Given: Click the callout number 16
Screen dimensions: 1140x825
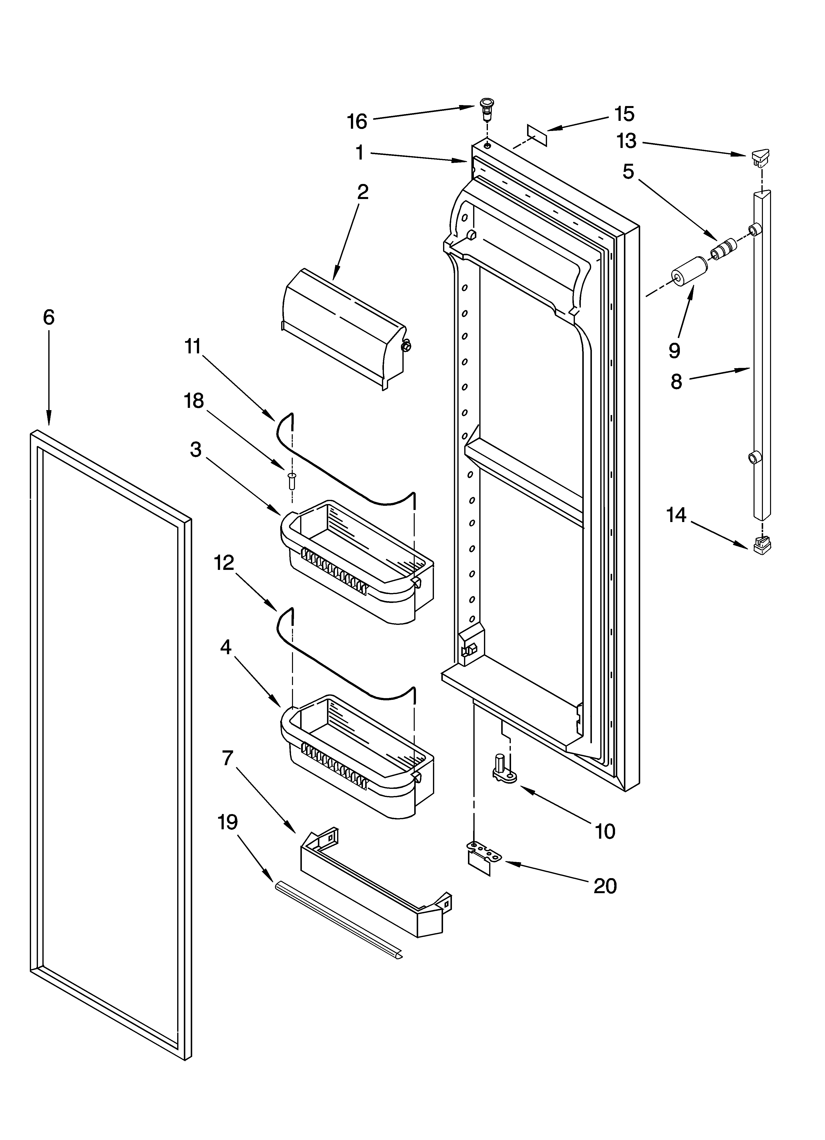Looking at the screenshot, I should [357, 122].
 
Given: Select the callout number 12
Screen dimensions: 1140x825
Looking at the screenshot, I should [224, 563].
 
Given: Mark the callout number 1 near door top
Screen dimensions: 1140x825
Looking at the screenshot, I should [360, 152].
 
